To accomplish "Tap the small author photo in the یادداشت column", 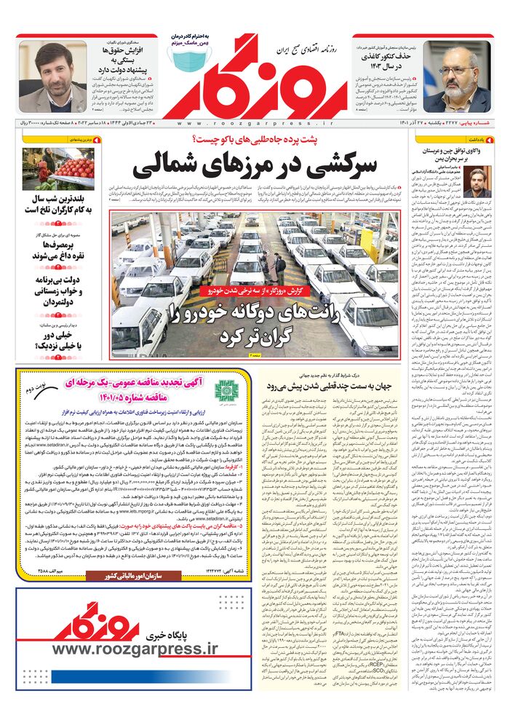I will pyautogui.click(x=477, y=182).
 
